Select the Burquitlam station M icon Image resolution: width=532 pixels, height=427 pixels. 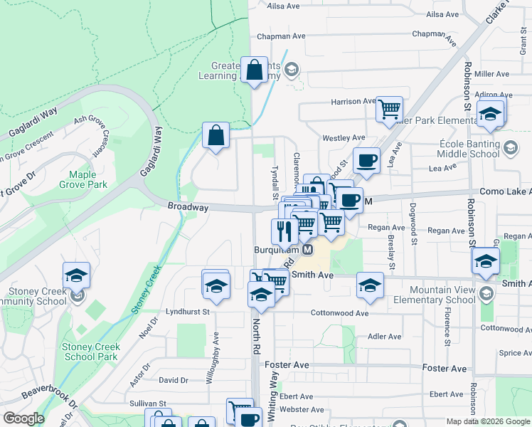pyautogui.click(x=307, y=250)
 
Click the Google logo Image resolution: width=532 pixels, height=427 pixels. pyautogui.click(x=23, y=418)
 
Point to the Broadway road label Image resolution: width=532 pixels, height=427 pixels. pyautogui.click(x=188, y=207)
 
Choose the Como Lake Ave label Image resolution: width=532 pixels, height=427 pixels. pyautogui.click(x=502, y=191)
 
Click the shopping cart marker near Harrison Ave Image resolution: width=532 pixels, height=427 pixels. pyautogui.click(x=389, y=109)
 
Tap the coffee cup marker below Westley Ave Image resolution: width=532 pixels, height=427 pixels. pyautogui.click(x=366, y=160)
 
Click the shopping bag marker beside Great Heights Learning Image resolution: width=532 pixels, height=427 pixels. pyautogui.click(x=254, y=70)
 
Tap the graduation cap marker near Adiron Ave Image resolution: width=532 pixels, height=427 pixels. pyautogui.click(x=490, y=114)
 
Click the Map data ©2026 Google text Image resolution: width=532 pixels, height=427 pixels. pyautogui.click(x=488, y=421)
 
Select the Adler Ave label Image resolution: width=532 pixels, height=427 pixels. pyautogui.click(x=385, y=337)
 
